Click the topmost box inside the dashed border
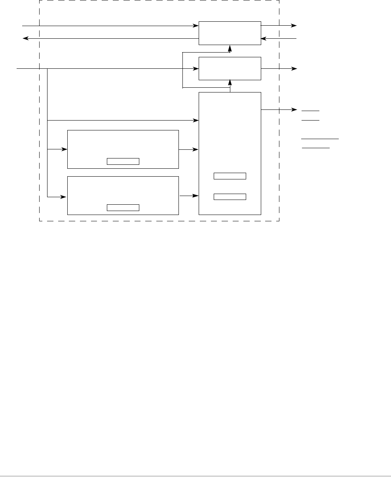point(230,33)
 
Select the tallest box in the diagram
point(230,153)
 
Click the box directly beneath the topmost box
point(230,68)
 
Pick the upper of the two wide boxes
point(123,149)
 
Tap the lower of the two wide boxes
point(123,195)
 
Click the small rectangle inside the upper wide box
point(123,161)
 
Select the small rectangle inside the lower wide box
point(123,207)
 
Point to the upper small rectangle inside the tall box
point(230,176)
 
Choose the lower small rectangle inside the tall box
point(230,196)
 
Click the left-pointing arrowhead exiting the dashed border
point(25,38)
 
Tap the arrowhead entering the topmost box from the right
point(263,39)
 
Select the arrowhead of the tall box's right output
point(295,109)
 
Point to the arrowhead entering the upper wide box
point(65,150)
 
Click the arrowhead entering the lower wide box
point(65,196)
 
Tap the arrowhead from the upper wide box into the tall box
point(196,150)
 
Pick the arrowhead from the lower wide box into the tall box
point(196,195)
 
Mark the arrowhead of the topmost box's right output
point(295,25)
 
